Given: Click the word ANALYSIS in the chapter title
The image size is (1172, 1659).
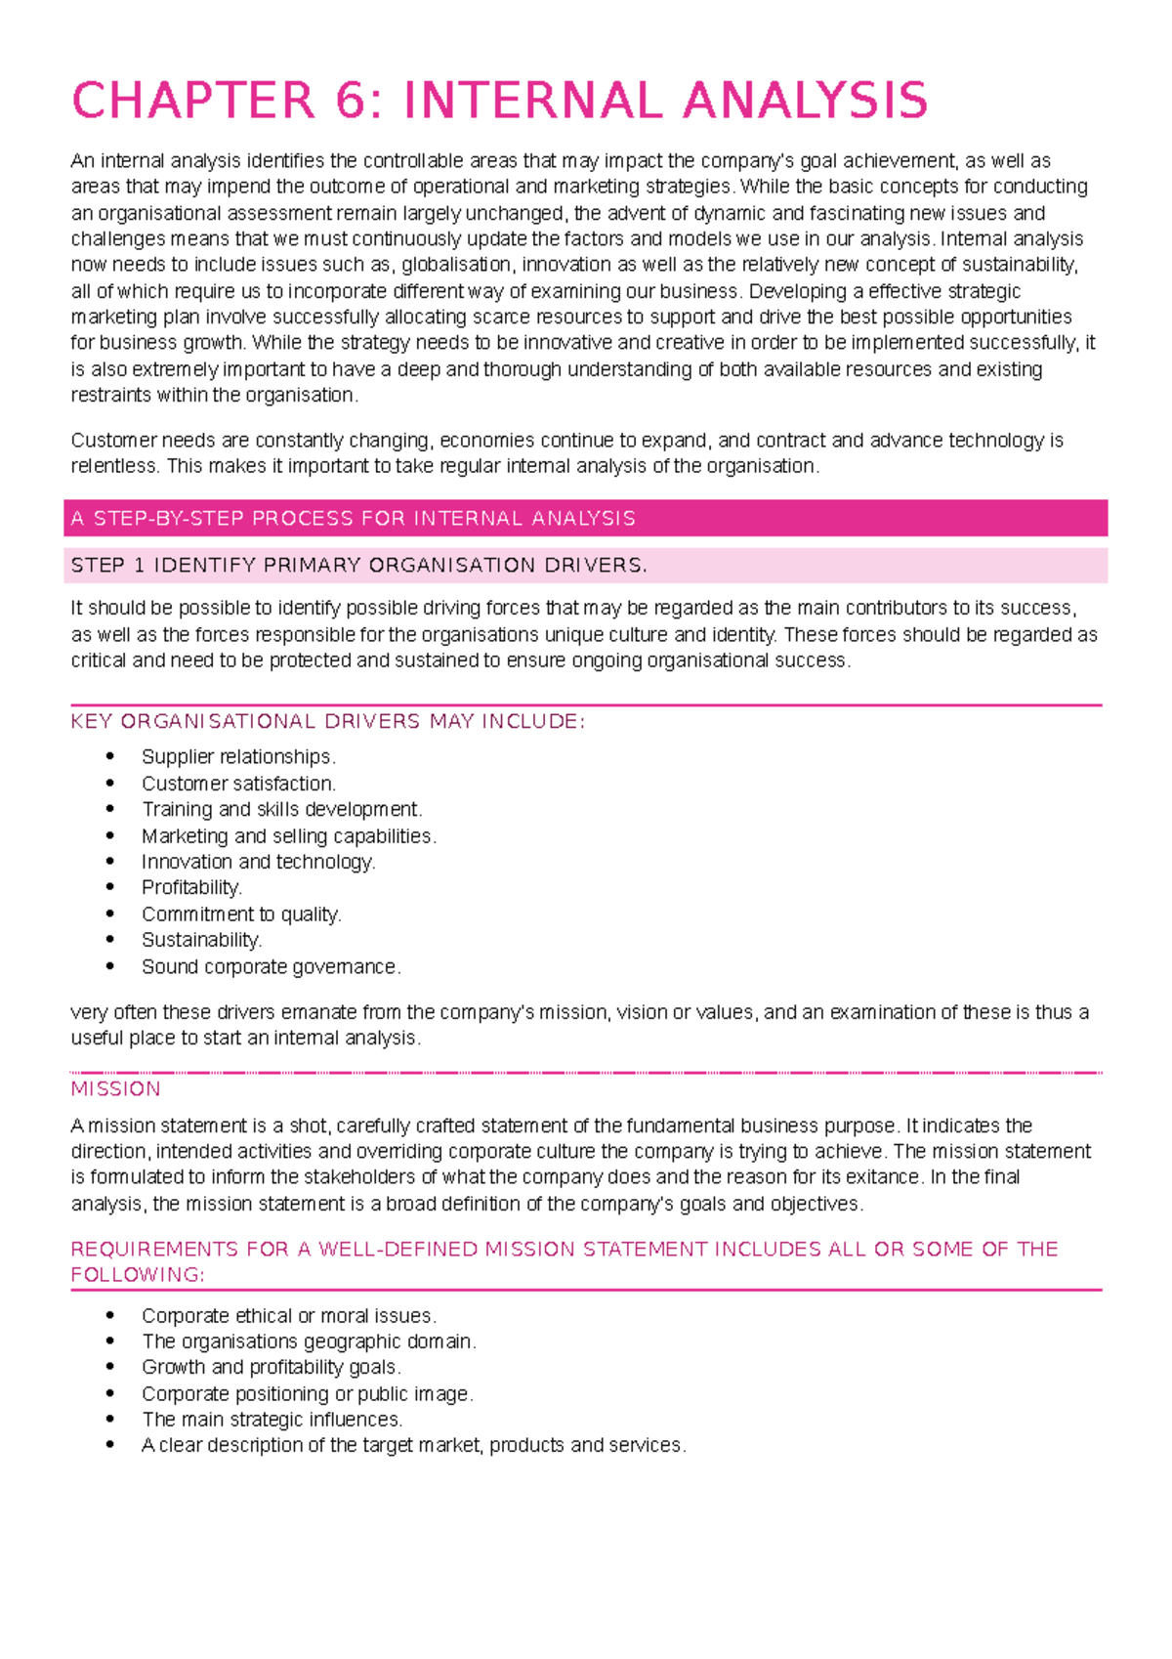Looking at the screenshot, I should (805, 102).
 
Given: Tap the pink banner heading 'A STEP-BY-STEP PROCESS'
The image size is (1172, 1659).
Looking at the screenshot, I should (354, 519).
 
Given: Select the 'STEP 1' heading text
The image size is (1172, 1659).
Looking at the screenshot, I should (359, 566).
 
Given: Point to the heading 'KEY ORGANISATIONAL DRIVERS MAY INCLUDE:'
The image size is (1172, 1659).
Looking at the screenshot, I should (328, 722).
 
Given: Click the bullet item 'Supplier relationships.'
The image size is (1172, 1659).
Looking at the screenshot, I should (238, 757).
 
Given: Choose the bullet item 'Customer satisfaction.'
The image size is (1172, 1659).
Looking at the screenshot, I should (238, 784).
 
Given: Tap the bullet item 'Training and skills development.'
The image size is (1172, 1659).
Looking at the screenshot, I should (281, 810).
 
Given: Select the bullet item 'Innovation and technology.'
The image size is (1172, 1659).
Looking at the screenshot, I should (258, 863).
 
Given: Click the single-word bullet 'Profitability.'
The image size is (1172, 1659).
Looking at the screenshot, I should (191, 888).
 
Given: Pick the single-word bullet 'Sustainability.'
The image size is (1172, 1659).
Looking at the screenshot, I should (201, 941).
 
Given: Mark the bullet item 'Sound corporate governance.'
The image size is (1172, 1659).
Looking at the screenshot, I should (271, 967).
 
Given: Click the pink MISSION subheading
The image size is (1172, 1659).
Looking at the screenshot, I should (115, 1089).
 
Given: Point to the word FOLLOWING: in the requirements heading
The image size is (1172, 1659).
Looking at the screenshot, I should (138, 1275).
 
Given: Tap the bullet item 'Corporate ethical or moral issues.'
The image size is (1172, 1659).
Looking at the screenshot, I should (288, 1316).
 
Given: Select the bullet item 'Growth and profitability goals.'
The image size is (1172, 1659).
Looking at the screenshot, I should (271, 1368).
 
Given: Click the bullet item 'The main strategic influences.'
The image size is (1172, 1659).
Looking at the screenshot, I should (272, 1420).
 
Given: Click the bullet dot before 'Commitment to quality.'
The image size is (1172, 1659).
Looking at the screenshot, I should (110, 915).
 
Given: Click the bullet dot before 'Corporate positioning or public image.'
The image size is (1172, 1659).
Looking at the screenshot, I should (110, 1394).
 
